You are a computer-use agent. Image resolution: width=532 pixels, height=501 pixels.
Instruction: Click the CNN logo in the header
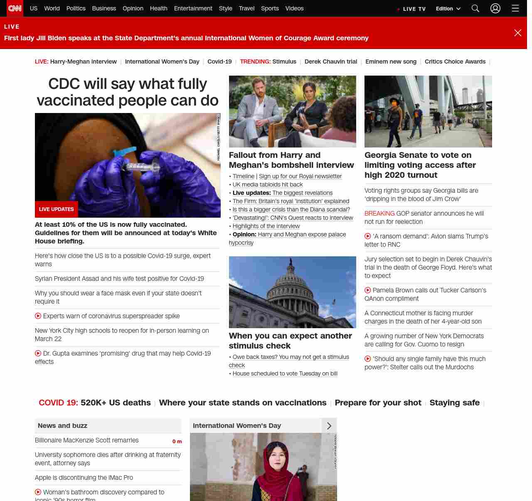(15, 8)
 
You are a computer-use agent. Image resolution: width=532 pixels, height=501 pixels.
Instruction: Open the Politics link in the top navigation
(76, 8)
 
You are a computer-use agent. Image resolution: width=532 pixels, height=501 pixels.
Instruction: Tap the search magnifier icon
(475, 8)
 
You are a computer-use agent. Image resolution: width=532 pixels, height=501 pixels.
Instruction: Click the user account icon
(495, 8)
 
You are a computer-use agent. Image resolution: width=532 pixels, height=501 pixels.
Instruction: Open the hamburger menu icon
(515, 8)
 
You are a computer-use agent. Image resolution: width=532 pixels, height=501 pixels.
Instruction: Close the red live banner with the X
(517, 33)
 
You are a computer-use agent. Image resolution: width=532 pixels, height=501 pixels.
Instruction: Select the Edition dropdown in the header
(448, 9)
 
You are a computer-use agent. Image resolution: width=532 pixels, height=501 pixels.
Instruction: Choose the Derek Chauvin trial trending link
(330, 61)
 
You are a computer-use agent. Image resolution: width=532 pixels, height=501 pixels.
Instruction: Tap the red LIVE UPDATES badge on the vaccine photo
(56, 209)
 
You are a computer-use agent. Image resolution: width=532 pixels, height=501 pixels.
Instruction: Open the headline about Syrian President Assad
(119, 279)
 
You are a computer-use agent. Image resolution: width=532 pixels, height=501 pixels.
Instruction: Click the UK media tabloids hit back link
(268, 184)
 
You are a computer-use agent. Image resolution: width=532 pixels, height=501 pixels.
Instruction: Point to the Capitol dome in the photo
(293, 282)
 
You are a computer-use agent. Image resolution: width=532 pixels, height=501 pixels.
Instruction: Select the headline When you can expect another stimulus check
(290, 341)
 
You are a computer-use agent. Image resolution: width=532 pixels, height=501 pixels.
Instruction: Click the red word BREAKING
(379, 214)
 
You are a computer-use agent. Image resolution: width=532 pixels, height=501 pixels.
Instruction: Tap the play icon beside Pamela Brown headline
(368, 290)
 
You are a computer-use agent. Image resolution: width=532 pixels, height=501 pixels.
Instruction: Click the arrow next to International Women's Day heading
(329, 426)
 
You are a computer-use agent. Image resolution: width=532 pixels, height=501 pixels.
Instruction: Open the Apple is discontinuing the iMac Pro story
(84, 478)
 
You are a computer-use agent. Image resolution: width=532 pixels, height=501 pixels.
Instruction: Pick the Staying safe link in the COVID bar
(454, 403)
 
